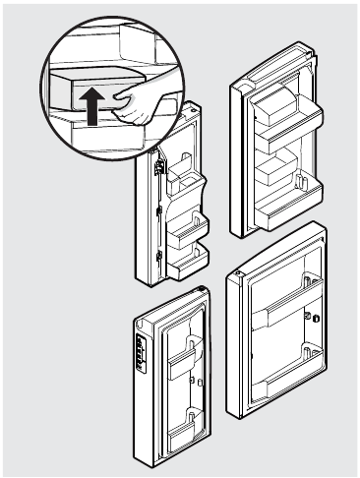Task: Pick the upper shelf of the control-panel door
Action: tap(185, 364)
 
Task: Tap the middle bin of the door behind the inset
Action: tap(185, 228)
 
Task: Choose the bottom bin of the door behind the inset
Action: tap(185, 262)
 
